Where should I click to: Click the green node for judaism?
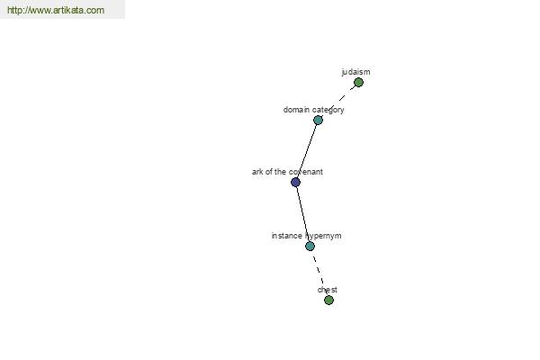[358, 82]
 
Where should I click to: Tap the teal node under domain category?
[318, 120]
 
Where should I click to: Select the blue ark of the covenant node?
[295, 182]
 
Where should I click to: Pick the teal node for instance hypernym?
[310, 246]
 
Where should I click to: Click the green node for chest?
[328, 300]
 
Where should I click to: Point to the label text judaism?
[355, 72]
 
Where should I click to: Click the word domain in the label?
[296, 110]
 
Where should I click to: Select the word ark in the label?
[256, 172]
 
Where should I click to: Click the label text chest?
[328, 290]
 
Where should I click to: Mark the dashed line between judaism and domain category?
[342, 97]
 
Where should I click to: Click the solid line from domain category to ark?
[307, 151]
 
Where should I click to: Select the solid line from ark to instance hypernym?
[302, 214]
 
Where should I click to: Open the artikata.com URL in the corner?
[56, 10]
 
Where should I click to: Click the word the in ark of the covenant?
[280, 172]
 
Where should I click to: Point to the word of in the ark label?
[268, 172]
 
